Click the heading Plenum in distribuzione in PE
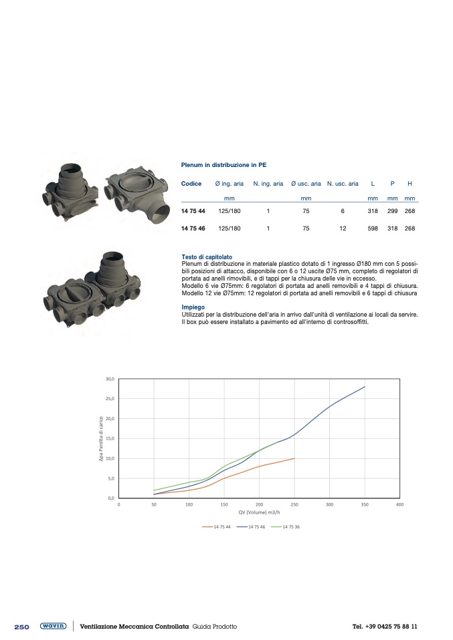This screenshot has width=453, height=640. (223, 165)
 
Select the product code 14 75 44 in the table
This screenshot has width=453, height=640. (193, 211)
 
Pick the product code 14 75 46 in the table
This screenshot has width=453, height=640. (193, 228)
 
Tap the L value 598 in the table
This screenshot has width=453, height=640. (373, 228)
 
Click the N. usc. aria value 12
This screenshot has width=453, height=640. (343, 228)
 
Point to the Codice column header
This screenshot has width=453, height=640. (191, 184)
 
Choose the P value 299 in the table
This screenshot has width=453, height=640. (393, 211)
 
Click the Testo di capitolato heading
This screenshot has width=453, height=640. (207, 257)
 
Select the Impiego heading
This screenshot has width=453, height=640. (193, 307)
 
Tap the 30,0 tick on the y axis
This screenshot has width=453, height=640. (110, 379)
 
